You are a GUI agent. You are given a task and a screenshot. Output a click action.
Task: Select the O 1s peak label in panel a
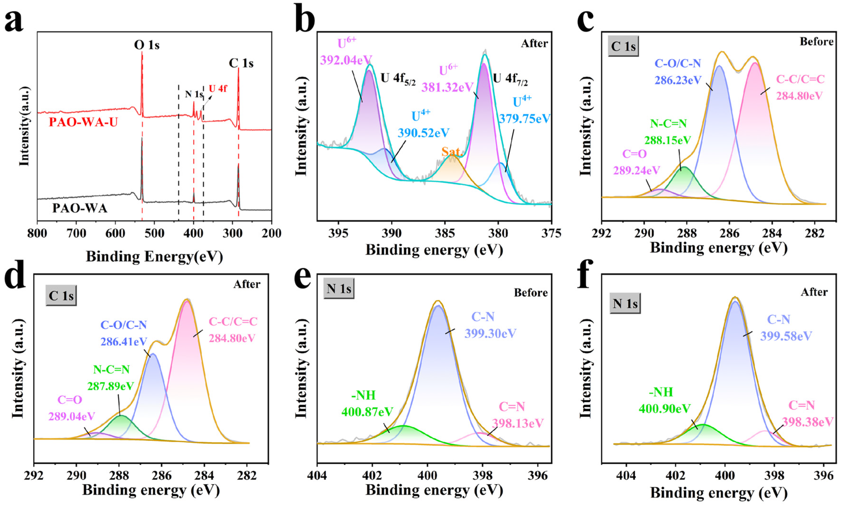[147, 45]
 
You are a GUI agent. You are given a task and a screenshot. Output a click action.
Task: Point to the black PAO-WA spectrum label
[80, 208]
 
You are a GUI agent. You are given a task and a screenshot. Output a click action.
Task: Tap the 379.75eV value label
[525, 119]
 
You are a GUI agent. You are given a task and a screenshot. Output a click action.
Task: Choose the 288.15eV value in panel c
[668, 140]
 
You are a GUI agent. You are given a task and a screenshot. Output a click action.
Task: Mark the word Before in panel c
[817, 42]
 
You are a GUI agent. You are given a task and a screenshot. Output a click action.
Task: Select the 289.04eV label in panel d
[72, 416]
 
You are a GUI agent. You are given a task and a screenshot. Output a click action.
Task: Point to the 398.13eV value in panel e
[518, 423]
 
